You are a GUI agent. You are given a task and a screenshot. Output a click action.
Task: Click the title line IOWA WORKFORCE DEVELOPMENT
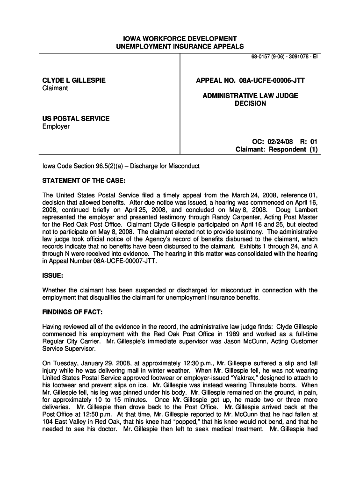(180, 38)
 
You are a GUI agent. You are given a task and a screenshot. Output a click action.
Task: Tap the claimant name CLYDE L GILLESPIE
(74, 80)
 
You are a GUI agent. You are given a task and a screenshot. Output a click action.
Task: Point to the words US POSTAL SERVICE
(76, 118)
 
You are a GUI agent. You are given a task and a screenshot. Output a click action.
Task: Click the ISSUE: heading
(53, 276)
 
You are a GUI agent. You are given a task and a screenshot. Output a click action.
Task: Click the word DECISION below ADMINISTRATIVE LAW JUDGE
(250, 103)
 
